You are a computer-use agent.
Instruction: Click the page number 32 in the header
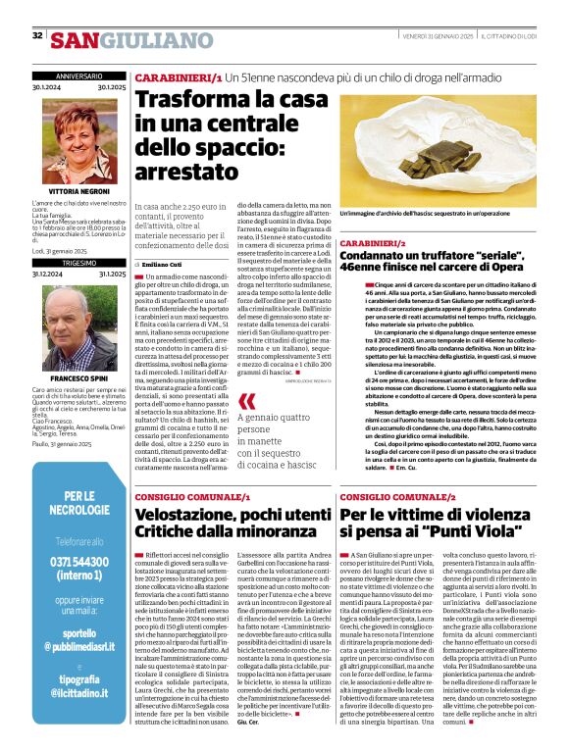tap(37, 35)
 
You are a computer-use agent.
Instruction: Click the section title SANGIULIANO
tap(130, 40)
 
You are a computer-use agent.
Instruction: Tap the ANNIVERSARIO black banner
tap(78, 75)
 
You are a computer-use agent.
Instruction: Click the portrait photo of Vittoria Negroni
tap(78, 137)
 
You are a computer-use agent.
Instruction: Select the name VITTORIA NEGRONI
tap(78, 193)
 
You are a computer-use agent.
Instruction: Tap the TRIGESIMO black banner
tap(78, 264)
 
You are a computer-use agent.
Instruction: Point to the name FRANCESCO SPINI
tap(78, 377)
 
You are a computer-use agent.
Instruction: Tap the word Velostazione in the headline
tap(189, 514)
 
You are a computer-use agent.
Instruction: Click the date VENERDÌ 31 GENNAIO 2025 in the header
tap(438, 35)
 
